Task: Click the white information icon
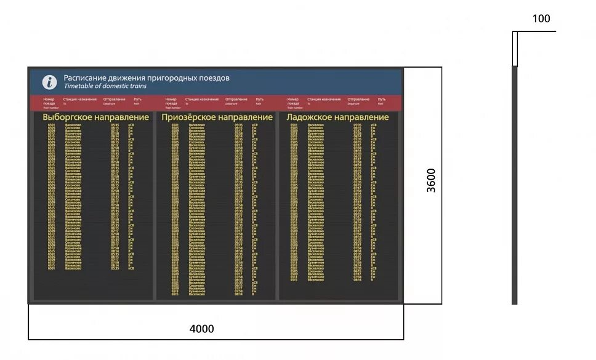coord(49,82)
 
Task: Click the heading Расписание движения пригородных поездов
coord(147,78)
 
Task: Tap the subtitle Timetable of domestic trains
coord(105,86)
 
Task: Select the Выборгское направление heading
coord(95,117)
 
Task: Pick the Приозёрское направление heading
coord(217,117)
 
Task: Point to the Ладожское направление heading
coord(338,117)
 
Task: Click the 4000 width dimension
coord(202,329)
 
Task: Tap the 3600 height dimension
coord(432,180)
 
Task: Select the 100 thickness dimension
coord(541,19)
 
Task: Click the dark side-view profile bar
coord(515,185)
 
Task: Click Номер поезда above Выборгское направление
coord(49,101)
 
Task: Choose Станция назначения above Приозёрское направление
coord(201,99)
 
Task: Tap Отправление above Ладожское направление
coord(358,99)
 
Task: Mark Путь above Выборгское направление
coord(137,99)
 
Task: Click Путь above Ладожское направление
coord(382,99)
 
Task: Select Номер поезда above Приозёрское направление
coord(171,101)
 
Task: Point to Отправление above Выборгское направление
coord(115,99)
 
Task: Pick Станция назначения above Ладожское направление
coord(324,99)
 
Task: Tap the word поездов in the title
coord(215,78)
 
